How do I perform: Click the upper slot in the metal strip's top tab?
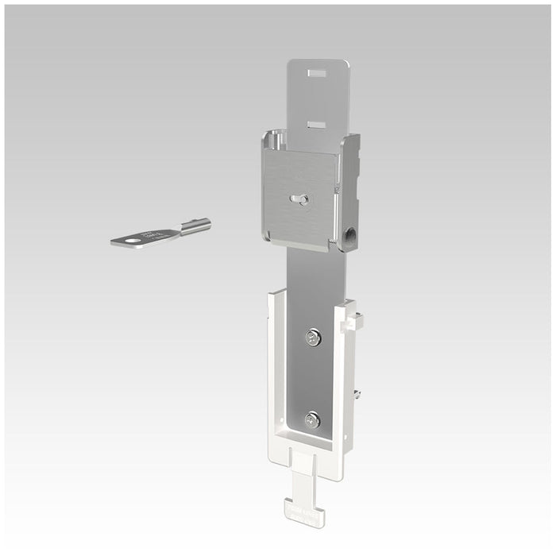(x=318, y=73)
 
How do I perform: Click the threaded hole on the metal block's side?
(x=351, y=235)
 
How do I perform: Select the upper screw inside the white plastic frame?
(x=313, y=338)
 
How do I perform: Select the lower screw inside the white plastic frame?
(x=312, y=420)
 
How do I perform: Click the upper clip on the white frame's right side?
(x=354, y=321)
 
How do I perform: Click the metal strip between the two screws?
(x=313, y=379)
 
